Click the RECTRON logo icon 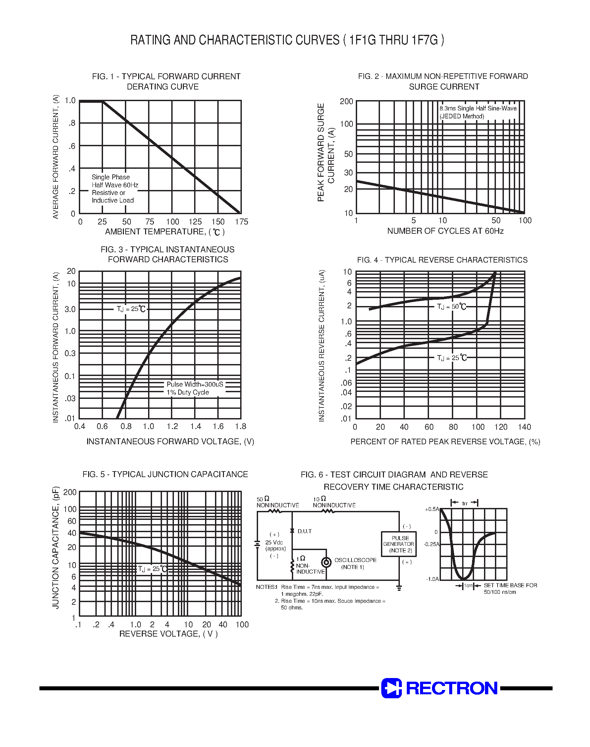(x=391, y=688)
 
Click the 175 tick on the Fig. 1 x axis (x=241, y=221)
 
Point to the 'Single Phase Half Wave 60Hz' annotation (x=114, y=181)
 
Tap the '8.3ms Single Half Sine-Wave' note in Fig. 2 (x=478, y=108)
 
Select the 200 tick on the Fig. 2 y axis (x=346, y=101)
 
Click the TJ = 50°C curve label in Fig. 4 (x=451, y=307)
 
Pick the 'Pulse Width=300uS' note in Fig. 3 (x=195, y=384)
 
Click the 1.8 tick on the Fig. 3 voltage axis (x=241, y=426)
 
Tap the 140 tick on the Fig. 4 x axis (x=524, y=427)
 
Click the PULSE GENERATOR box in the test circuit (x=399, y=544)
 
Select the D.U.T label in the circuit (x=304, y=531)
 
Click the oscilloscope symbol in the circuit (x=326, y=562)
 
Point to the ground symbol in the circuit (x=399, y=588)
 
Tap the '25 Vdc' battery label (x=274, y=542)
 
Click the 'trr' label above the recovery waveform (x=464, y=503)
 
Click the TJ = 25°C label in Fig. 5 (x=152, y=569)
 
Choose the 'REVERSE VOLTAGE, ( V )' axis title (x=168, y=634)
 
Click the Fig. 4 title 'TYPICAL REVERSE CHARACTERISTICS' (x=442, y=260)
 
